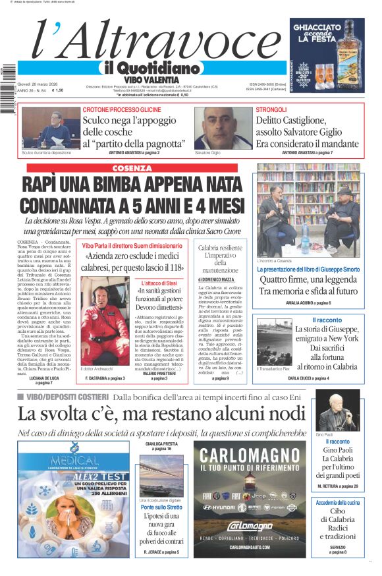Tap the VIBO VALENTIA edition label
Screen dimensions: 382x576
pos(151,79)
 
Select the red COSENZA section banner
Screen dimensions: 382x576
pos(132,168)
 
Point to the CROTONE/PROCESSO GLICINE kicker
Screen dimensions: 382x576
pos(122,109)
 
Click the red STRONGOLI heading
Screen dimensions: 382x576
pos(271,109)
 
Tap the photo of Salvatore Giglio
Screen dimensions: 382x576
pos(223,127)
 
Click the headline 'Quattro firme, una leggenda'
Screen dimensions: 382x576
pos(308,279)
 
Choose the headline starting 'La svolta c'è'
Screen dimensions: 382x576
pos(162,414)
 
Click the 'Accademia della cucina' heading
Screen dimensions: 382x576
pos(337,502)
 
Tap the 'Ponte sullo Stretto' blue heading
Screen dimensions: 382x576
pos(161,507)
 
